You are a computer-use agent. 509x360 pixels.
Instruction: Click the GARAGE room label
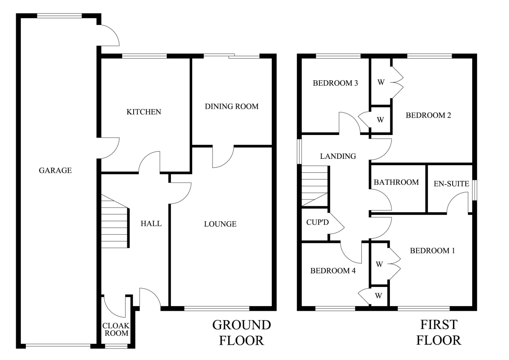(x=55, y=171)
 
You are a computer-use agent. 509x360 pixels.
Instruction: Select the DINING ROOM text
(x=231, y=107)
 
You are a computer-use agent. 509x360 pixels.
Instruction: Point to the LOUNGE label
(x=220, y=224)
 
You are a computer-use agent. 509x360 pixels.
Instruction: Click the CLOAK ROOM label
(x=116, y=329)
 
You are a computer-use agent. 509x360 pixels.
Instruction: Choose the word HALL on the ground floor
(x=151, y=224)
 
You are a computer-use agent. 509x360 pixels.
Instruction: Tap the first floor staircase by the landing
(x=315, y=186)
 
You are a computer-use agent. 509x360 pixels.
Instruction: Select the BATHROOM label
(x=396, y=183)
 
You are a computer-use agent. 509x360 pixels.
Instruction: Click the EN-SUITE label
(x=451, y=184)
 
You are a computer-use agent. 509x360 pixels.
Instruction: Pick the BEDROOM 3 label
(x=335, y=83)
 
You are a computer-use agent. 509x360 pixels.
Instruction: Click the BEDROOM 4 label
(x=333, y=270)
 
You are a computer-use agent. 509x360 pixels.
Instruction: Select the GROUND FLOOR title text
(x=241, y=332)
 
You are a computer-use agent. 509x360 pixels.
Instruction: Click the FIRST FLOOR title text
(x=439, y=332)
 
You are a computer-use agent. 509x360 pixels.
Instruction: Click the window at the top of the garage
(x=59, y=16)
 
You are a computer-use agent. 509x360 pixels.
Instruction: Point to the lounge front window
(x=217, y=308)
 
